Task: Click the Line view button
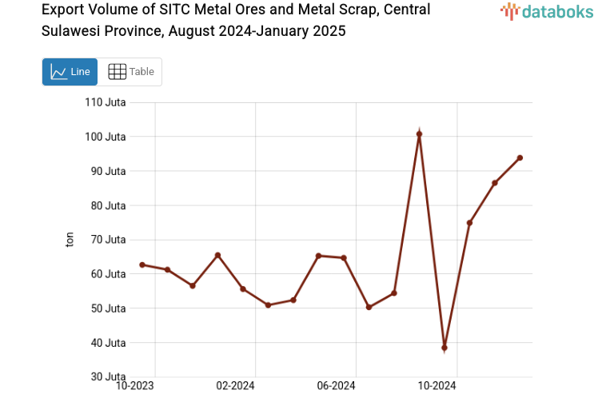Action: click(70, 72)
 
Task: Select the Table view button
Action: click(130, 72)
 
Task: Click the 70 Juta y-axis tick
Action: click(108, 240)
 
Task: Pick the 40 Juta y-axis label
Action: click(108, 343)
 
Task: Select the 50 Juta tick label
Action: click(108, 308)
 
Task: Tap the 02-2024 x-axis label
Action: click(235, 386)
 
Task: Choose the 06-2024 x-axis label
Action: click(336, 386)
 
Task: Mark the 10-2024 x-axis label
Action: click(437, 386)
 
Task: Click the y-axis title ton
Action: click(70, 239)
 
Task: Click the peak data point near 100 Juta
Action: click(419, 134)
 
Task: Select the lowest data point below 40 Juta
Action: click(445, 348)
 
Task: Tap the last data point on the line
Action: click(520, 157)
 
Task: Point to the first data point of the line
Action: click(142, 265)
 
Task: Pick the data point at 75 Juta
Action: click(469, 223)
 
